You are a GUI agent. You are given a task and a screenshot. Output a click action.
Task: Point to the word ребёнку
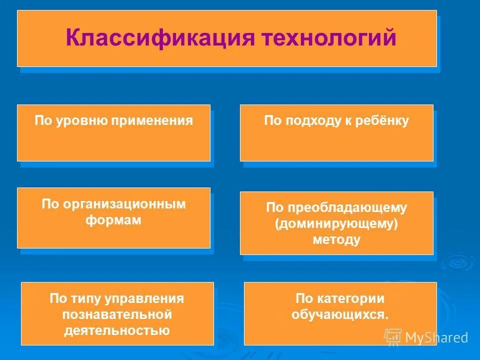point(383,120)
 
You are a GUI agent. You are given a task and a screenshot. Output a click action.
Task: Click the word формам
point(113,220)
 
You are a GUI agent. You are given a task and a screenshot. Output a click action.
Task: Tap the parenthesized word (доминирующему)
point(336,223)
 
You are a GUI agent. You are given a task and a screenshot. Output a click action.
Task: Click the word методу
point(336,239)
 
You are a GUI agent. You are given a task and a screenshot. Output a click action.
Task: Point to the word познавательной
point(117,314)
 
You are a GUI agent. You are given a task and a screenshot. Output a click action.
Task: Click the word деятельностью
point(117,330)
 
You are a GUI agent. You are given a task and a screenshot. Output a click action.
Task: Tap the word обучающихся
point(340,314)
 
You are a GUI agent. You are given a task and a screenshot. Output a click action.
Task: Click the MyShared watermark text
point(436,337)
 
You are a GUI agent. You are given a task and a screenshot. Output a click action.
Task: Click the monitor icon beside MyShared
point(393,337)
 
